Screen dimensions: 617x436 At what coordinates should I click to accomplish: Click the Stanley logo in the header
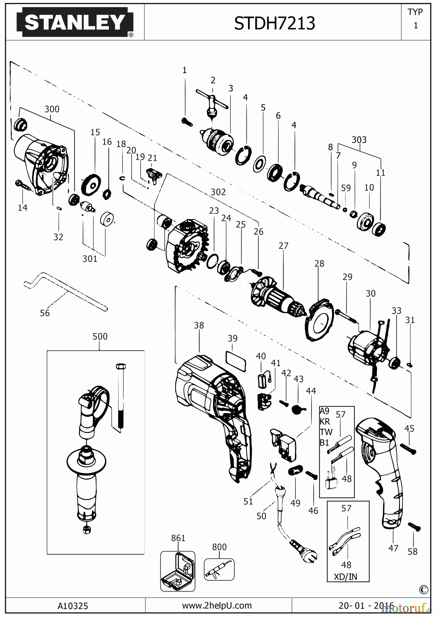[74, 23]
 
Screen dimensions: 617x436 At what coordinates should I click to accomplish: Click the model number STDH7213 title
[274, 23]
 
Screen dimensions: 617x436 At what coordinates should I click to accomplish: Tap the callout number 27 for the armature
[283, 246]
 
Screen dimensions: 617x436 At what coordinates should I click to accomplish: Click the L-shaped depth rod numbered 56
[65, 289]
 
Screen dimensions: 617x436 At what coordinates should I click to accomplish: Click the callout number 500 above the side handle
[100, 336]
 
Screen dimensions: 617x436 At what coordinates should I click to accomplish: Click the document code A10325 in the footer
[73, 606]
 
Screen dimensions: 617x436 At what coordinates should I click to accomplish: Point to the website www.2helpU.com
[217, 606]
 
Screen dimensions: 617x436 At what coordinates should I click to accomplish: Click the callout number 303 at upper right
[359, 140]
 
